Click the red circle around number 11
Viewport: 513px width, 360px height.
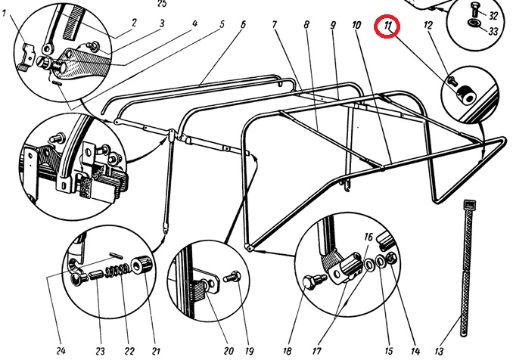(x=390, y=28)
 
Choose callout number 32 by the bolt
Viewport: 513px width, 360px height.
(x=493, y=15)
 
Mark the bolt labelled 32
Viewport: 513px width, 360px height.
(x=474, y=11)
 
